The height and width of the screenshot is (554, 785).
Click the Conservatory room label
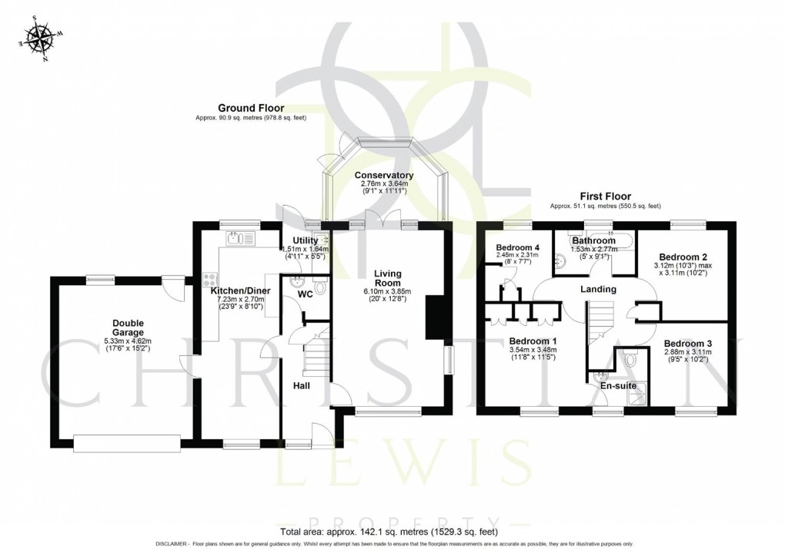(384, 176)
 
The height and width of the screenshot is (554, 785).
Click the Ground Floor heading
(250, 108)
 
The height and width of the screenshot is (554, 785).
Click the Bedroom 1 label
(533, 341)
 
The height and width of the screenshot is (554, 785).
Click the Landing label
(598, 289)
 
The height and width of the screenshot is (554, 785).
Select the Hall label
(301, 384)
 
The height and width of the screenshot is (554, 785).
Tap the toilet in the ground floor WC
(320, 288)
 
